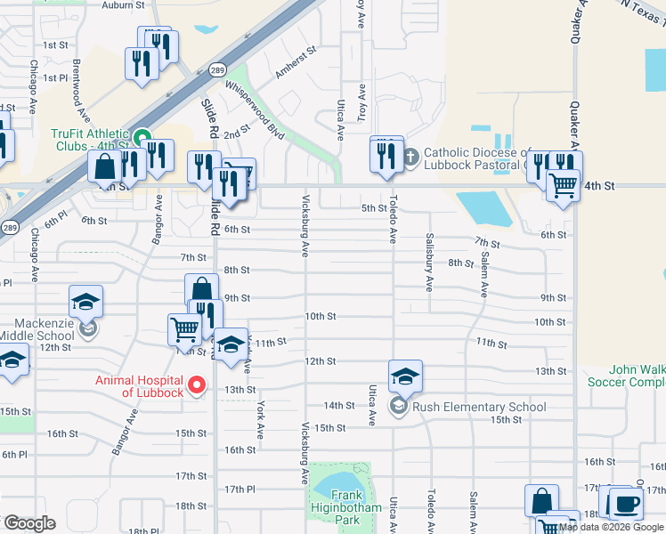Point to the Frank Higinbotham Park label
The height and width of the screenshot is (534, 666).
coord(346,503)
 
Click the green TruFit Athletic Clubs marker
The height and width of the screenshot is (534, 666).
coord(142,138)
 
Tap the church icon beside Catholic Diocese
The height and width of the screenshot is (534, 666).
coord(410,158)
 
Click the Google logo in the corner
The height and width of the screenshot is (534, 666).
coord(29,523)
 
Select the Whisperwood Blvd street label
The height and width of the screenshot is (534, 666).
coord(255,110)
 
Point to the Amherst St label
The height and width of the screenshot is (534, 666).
coord(296,64)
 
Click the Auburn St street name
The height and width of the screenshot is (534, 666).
coord(123,4)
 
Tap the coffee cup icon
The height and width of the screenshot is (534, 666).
coord(624,504)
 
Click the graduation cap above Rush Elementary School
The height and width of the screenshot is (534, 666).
coord(404,376)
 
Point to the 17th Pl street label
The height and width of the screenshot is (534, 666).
coord(240,489)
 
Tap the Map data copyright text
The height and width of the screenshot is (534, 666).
coord(612,527)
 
